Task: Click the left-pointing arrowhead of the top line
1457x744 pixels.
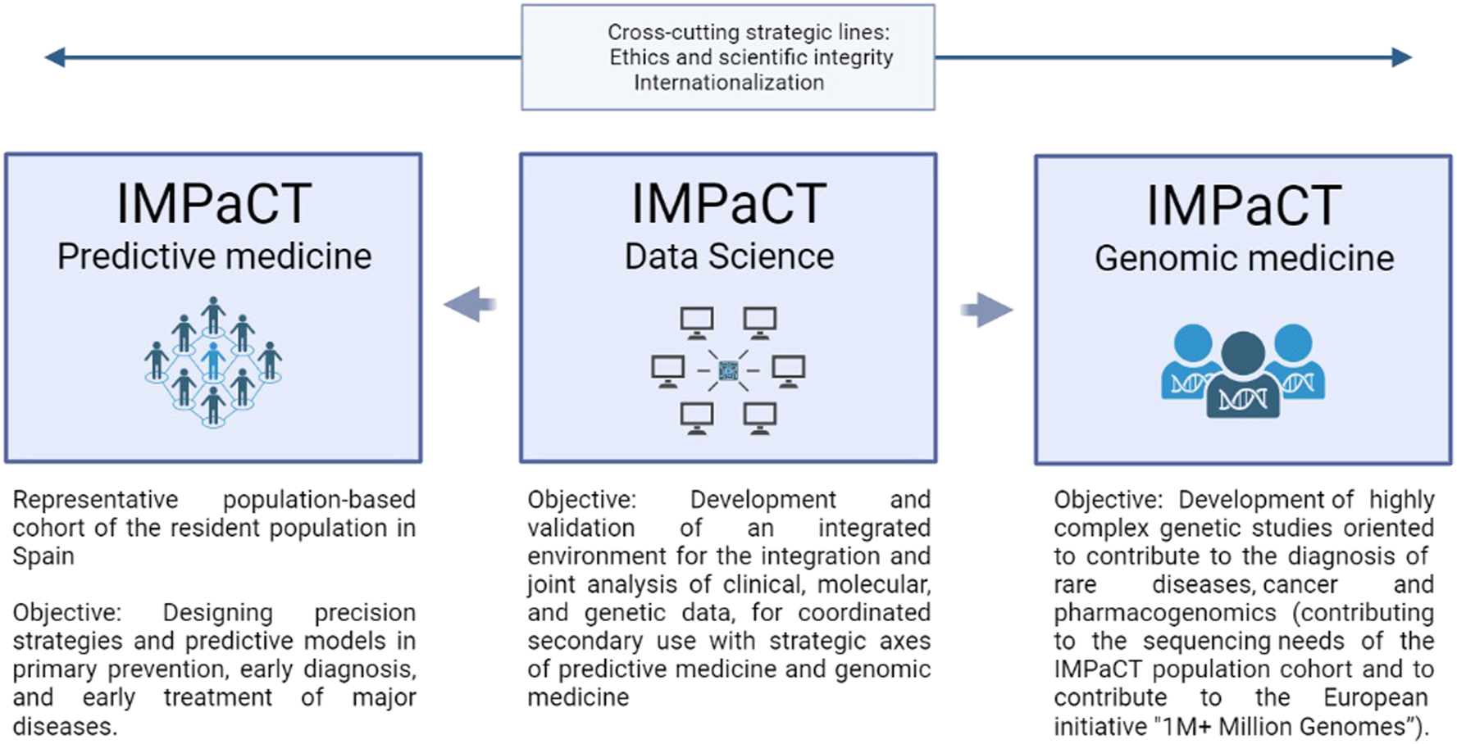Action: pyautogui.click(x=55, y=57)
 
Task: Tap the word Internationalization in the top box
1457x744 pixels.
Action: pyautogui.click(x=728, y=83)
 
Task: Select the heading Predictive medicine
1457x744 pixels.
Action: pyautogui.click(x=214, y=256)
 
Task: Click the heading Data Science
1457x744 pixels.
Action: pyautogui.click(x=729, y=256)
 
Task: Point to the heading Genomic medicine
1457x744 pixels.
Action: pyautogui.click(x=1244, y=258)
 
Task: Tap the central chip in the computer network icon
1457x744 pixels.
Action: pyautogui.click(x=728, y=371)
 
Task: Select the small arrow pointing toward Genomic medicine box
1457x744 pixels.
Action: pyautogui.click(x=987, y=310)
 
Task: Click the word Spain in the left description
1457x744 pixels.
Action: pyautogui.click(x=43, y=556)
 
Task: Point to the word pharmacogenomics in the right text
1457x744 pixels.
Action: pyautogui.click(x=1164, y=613)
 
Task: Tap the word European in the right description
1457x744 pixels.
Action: pyautogui.click(x=1375, y=697)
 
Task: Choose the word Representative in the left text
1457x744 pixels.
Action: pyautogui.click(x=95, y=500)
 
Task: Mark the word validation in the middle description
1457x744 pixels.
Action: pyautogui.click(x=581, y=528)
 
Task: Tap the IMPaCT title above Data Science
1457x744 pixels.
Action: pyautogui.click(x=729, y=203)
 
